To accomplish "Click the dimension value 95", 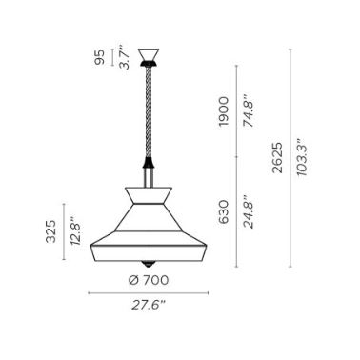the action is [x=100, y=57].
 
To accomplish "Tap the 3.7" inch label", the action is [x=125, y=57].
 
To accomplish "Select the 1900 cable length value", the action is [x=224, y=111].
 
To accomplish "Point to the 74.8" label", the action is [x=249, y=110].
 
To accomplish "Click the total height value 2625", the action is [x=277, y=158].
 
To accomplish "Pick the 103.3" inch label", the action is [x=302, y=157].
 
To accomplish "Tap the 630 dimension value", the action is [x=224, y=211].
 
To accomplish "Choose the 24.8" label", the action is [x=249, y=211].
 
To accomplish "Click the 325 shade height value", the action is [x=50, y=231].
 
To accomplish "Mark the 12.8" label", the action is [x=75, y=230].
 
